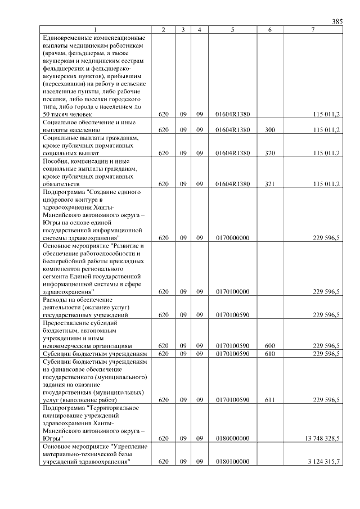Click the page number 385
coord(337,22)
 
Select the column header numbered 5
coord(232,30)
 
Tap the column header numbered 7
coord(313,30)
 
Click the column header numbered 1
coord(96,30)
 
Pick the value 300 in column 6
coord(270,130)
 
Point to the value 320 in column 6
coord(270,153)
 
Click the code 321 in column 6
coord(270,184)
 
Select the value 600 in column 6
coord(270,346)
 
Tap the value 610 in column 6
coord(270,354)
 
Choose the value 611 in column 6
coord(270,400)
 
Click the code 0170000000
coord(232,238)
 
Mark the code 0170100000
coord(232,292)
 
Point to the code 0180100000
coord(232,462)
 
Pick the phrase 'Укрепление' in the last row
coord(129,446)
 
